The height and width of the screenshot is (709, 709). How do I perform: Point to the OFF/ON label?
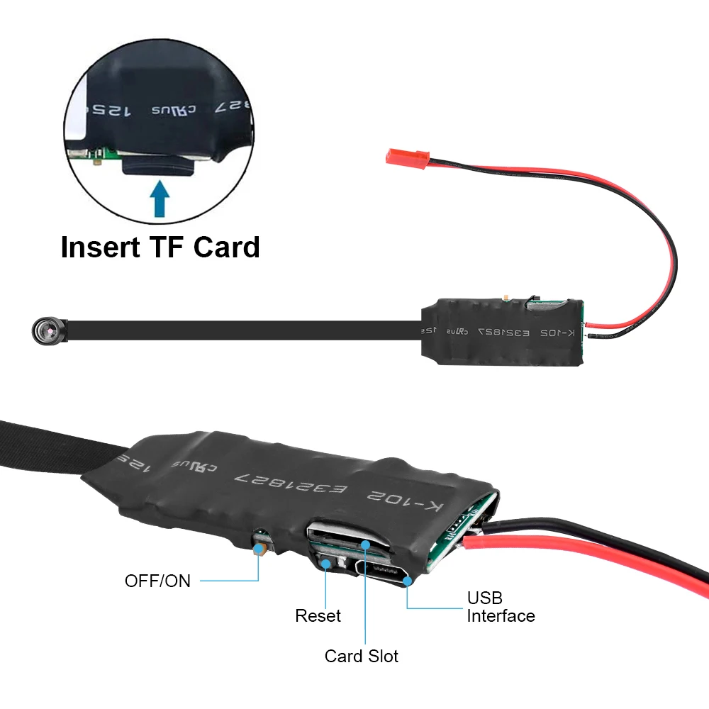click(157, 581)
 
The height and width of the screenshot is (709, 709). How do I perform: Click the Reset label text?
click(318, 616)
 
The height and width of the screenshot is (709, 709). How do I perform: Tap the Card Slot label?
click(361, 656)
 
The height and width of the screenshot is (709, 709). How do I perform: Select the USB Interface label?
click(501, 607)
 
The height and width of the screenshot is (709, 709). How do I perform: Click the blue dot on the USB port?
click(408, 581)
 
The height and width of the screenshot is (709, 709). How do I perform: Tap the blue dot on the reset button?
click(325, 564)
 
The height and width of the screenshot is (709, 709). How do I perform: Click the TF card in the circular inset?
click(160, 167)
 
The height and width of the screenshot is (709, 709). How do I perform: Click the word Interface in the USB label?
click(501, 616)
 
